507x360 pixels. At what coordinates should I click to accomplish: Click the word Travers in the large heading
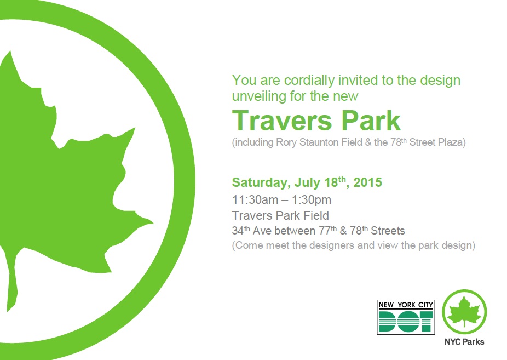point(282,121)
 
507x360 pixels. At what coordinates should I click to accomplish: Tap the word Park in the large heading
point(371,121)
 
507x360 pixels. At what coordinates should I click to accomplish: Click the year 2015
point(367,182)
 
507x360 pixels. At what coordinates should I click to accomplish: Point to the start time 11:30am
point(255,200)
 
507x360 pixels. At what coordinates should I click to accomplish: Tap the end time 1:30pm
point(312,201)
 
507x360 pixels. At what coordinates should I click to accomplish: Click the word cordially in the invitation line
point(309,80)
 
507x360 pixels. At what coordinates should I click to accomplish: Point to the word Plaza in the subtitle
point(451,142)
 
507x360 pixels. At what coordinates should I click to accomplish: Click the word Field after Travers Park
point(316,215)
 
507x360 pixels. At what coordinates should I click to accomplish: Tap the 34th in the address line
point(241,230)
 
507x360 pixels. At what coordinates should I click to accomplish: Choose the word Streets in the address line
point(388,231)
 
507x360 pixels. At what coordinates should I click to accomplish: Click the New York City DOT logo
point(406,317)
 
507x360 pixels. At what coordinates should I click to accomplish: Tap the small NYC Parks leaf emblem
point(464,312)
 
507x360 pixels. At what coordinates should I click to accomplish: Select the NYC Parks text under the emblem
point(464,342)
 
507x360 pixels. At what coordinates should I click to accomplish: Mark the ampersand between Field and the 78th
point(368,142)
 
